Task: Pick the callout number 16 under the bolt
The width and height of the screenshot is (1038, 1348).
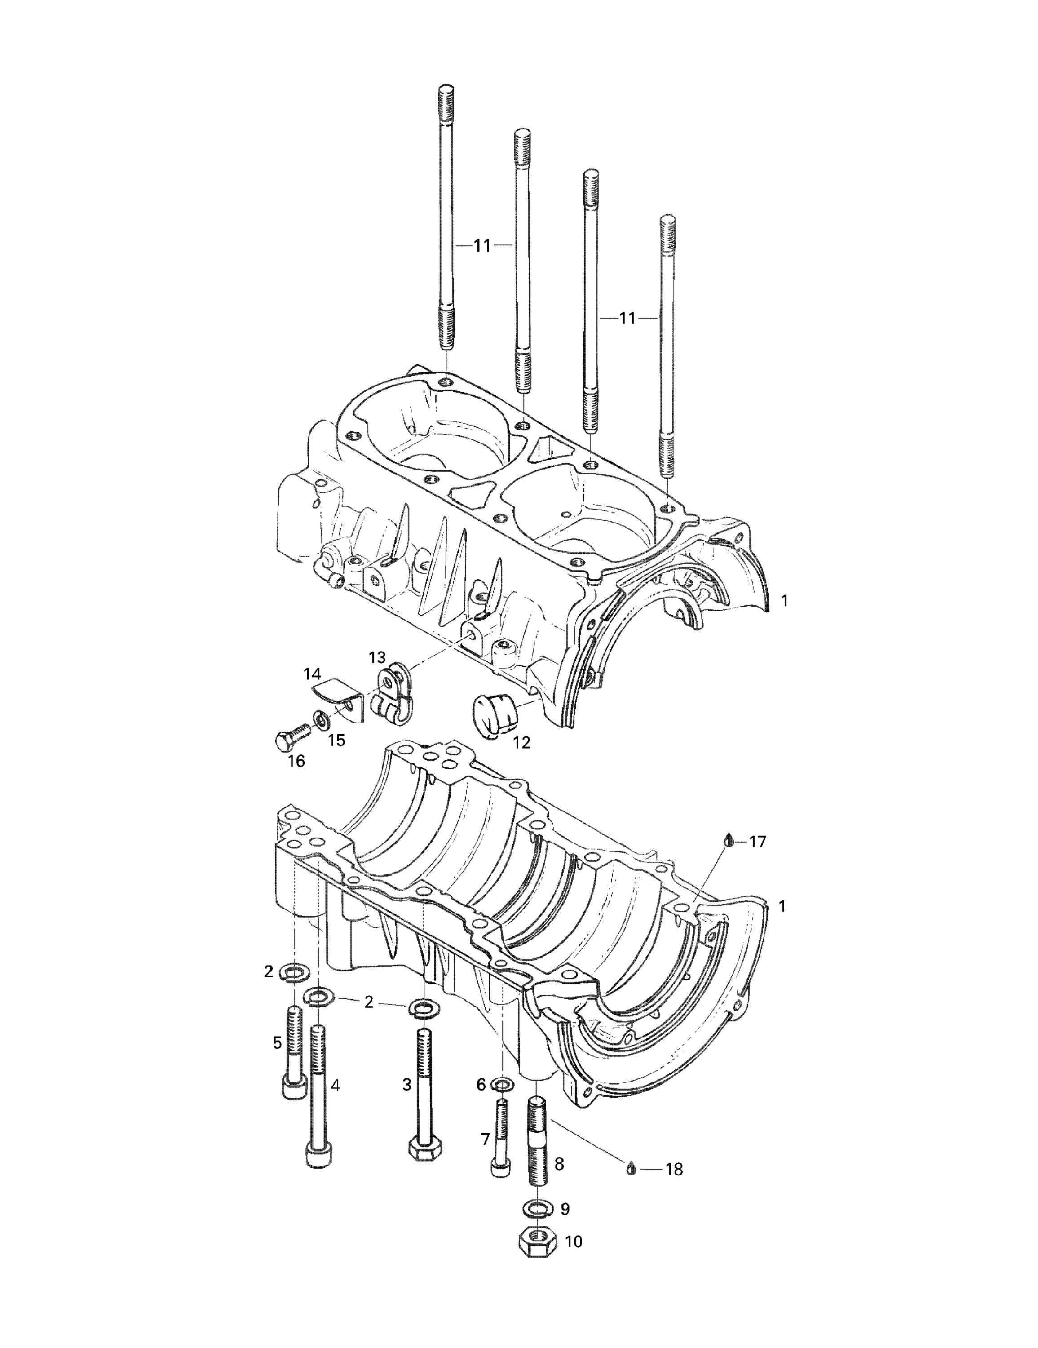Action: pyautogui.click(x=296, y=761)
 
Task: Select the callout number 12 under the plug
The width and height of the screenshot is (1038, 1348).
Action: pyautogui.click(x=521, y=742)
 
